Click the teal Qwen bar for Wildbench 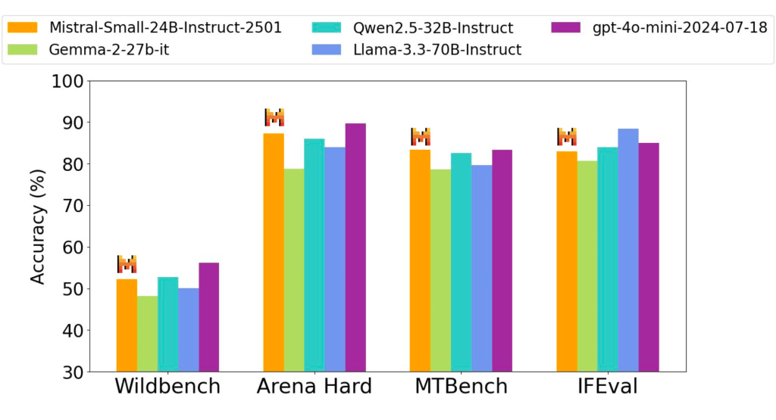pos(167,324)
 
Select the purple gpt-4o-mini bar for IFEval pos(649,257)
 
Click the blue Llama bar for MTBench pos(481,268)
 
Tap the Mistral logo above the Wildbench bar pos(127,264)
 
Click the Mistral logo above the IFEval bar pos(567,137)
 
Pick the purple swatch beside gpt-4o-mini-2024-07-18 pos(562,28)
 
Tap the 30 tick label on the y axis pos(70,372)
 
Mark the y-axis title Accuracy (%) pos(38,226)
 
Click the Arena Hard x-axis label pos(314,387)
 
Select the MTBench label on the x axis pos(461,387)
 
